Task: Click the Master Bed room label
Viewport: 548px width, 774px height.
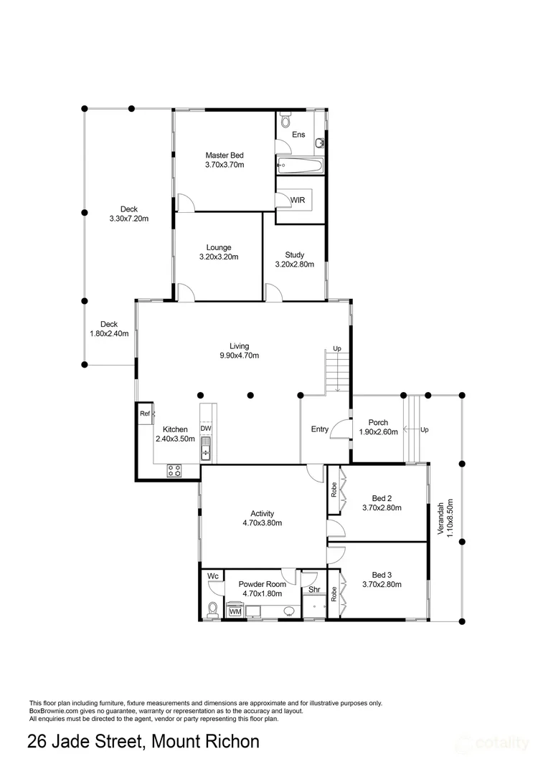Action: [x=225, y=155]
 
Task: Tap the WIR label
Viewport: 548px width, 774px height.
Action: [x=298, y=200]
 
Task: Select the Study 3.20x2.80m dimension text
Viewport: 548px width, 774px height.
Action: [x=295, y=264]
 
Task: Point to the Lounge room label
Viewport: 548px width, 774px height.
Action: [x=219, y=247]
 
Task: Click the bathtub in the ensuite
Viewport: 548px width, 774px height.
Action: [x=299, y=165]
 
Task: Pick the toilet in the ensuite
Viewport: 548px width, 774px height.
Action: [x=285, y=120]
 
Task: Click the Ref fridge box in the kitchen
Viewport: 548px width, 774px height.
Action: [x=146, y=414]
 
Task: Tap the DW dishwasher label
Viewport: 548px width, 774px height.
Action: [x=206, y=429]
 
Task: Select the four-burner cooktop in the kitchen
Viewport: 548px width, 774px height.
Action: [x=174, y=470]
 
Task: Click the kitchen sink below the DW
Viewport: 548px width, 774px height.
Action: [x=206, y=448]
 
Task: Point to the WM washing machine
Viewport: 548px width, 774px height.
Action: [x=236, y=611]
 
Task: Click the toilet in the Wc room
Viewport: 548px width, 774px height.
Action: [x=213, y=609]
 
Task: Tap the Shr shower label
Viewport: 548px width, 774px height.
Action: [x=314, y=589]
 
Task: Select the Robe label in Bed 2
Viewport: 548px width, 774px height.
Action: [x=334, y=489]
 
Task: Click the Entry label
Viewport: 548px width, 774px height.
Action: [x=320, y=429]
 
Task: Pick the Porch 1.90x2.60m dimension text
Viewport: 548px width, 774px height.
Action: [x=379, y=432]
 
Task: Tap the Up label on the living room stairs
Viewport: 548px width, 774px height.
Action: [x=337, y=348]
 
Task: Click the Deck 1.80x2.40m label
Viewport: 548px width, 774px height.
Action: [x=109, y=329]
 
